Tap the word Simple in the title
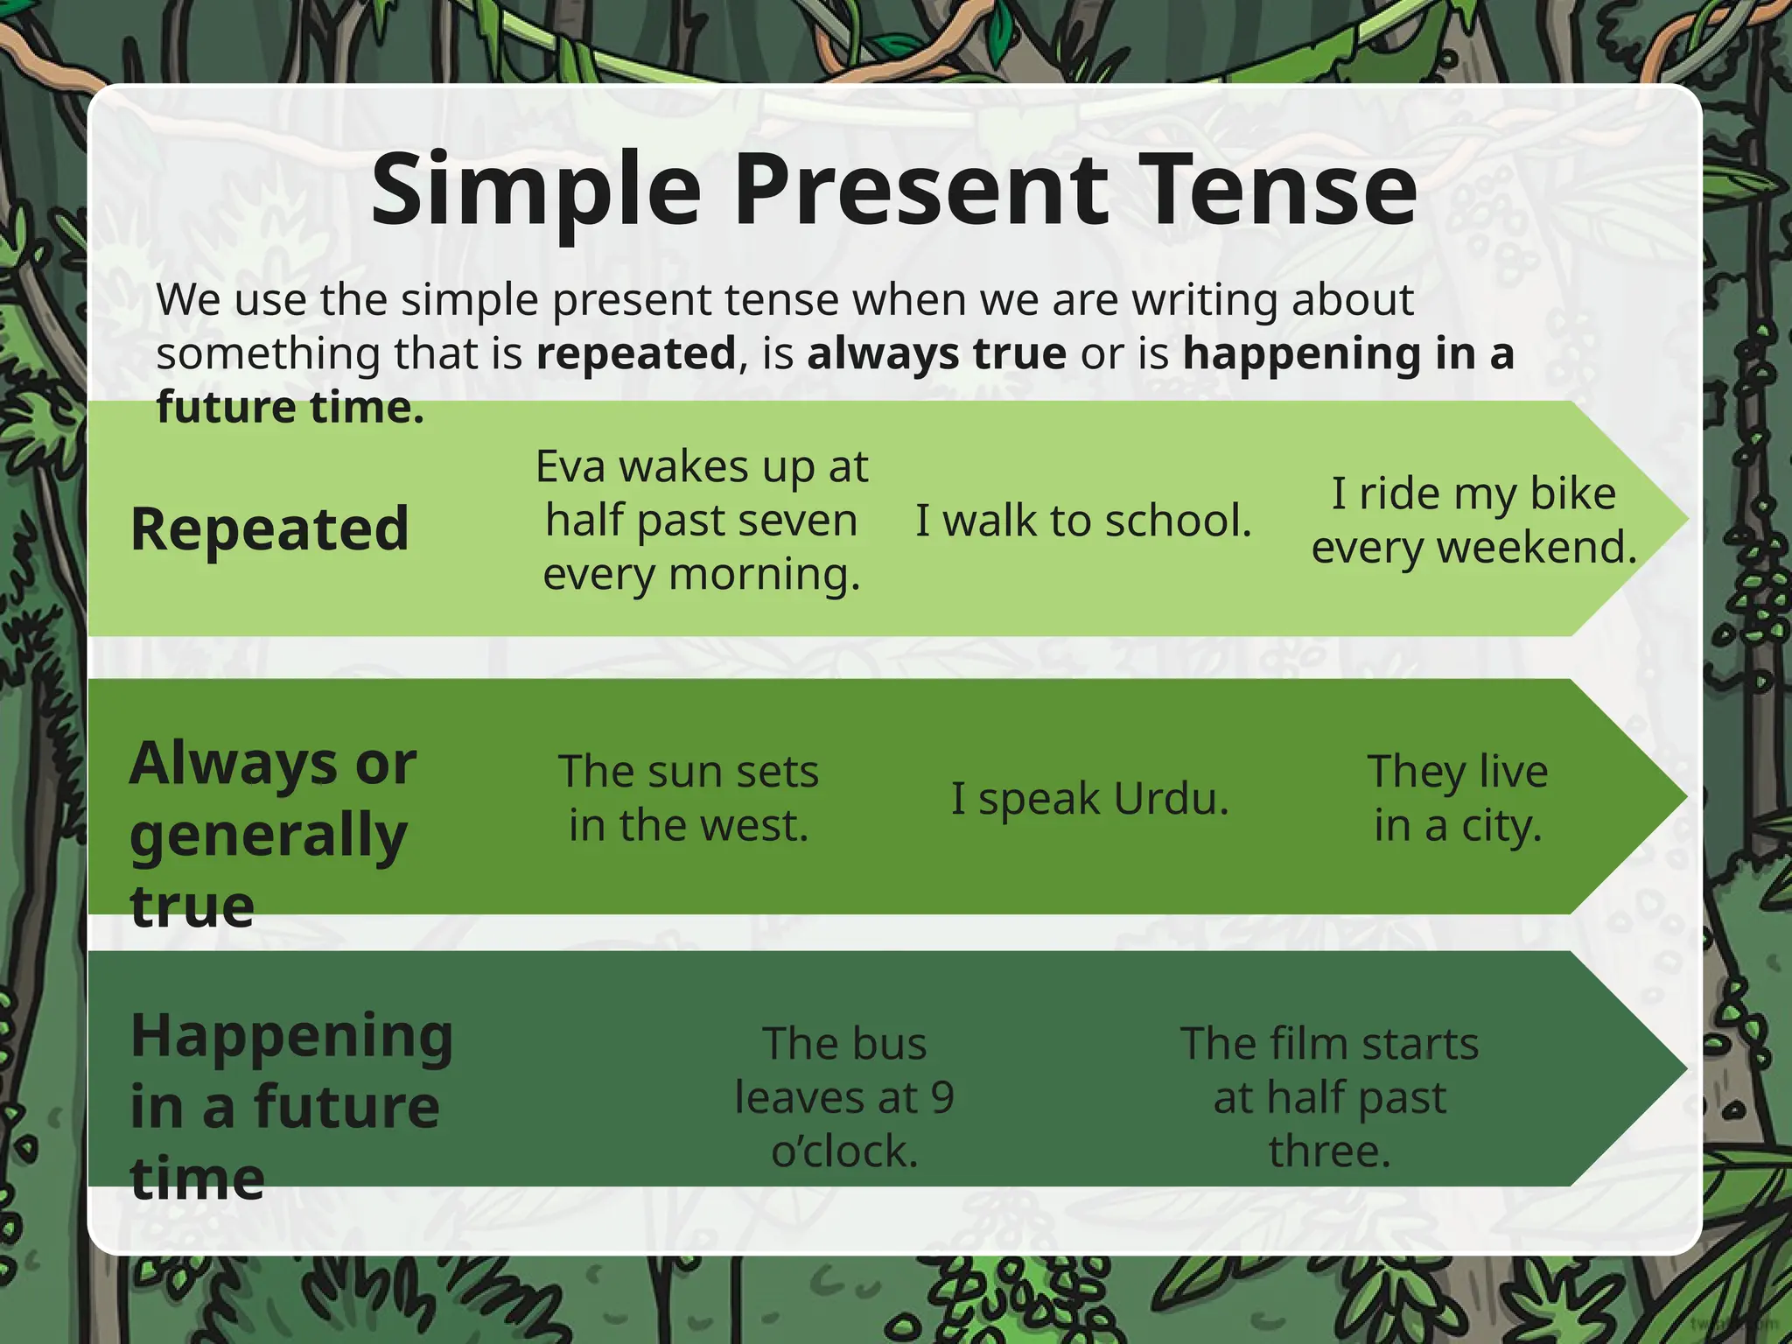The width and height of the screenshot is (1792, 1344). click(535, 191)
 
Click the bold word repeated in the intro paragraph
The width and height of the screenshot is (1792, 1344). click(636, 354)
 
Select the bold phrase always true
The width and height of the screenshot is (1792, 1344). click(936, 354)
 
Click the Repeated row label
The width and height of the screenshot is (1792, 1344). click(269, 529)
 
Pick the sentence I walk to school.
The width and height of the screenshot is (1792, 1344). click(1083, 521)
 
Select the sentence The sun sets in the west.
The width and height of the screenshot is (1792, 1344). click(689, 798)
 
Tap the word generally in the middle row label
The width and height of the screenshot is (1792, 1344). click(269, 836)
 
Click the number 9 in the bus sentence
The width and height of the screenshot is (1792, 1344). click(941, 1098)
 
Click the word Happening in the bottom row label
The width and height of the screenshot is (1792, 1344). click(291, 1036)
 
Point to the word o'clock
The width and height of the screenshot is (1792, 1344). click(844, 1151)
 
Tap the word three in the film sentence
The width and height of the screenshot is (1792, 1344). click(1328, 1151)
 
